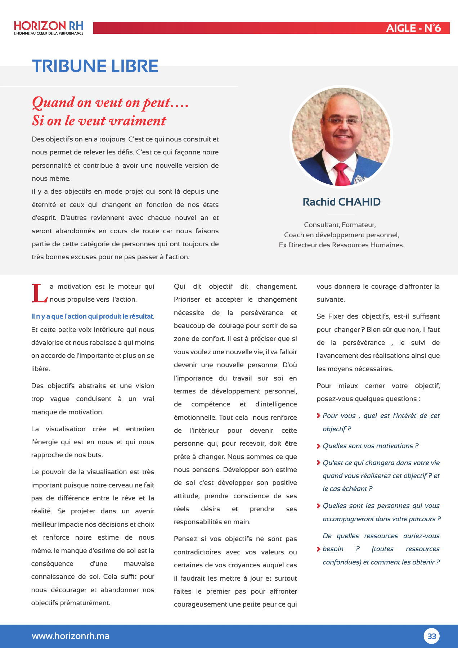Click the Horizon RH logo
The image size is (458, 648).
49,26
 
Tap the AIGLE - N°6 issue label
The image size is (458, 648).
413,28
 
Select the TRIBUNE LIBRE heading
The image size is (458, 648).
95,66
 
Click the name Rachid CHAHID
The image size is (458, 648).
341,202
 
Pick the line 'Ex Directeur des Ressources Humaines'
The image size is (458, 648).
341,245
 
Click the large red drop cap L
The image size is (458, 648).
39,293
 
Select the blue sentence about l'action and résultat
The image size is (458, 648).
92,316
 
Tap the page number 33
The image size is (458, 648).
431,636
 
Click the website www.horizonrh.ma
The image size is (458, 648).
71,636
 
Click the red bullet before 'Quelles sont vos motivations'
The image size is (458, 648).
319,446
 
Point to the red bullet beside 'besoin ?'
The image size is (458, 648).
319,549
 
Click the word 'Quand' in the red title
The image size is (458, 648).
53,103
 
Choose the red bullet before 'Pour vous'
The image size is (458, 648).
319,416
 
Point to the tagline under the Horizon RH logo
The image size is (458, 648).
49,33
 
